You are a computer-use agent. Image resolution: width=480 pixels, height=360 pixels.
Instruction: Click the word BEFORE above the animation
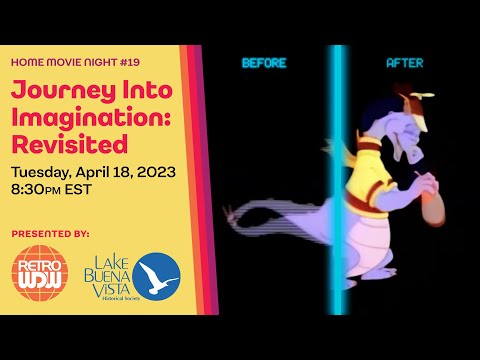(264, 63)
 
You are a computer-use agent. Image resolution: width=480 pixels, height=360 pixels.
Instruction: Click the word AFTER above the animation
(406, 63)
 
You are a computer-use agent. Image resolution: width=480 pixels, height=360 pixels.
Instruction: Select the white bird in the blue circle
(157, 275)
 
